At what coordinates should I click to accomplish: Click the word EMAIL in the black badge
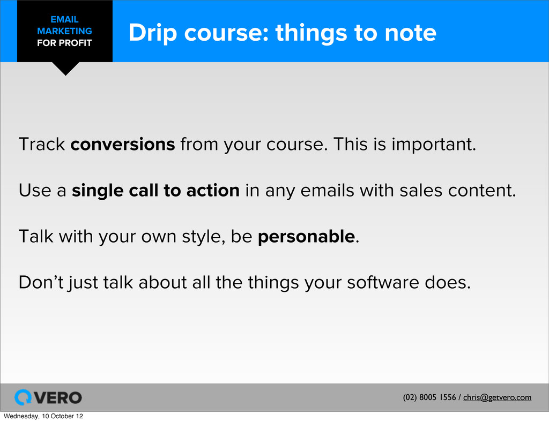(x=64, y=19)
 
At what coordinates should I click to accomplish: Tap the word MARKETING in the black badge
(x=64, y=31)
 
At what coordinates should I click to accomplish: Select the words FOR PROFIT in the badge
(x=64, y=43)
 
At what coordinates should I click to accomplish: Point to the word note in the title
(x=410, y=33)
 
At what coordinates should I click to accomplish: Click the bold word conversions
(x=123, y=144)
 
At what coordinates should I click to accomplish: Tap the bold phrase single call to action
(x=155, y=190)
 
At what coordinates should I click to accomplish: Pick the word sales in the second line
(x=420, y=191)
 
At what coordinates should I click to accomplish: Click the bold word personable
(x=306, y=237)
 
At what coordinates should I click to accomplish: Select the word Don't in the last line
(x=41, y=282)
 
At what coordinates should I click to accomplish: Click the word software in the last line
(x=383, y=283)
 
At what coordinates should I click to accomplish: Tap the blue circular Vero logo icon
(x=23, y=397)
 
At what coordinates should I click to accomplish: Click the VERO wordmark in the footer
(x=58, y=398)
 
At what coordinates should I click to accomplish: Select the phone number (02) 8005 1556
(x=429, y=397)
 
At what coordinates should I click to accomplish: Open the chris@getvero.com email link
(x=497, y=397)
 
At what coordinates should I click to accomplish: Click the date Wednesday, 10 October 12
(x=43, y=416)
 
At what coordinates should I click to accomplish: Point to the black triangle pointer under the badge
(x=65, y=68)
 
